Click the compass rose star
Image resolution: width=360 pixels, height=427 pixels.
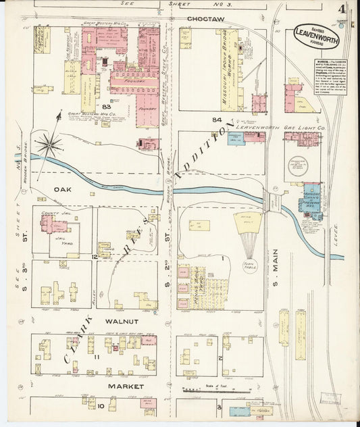[x=50, y=143]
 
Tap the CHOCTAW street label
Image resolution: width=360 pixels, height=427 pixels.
[x=205, y=19]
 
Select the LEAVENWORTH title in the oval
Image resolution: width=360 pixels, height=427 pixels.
[x=316, y=38]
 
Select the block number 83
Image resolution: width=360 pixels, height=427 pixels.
[x=106, y=107]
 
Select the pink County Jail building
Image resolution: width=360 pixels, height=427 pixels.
[x=52, y=224]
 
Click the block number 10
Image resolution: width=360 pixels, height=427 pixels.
[x=100, y=406]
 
